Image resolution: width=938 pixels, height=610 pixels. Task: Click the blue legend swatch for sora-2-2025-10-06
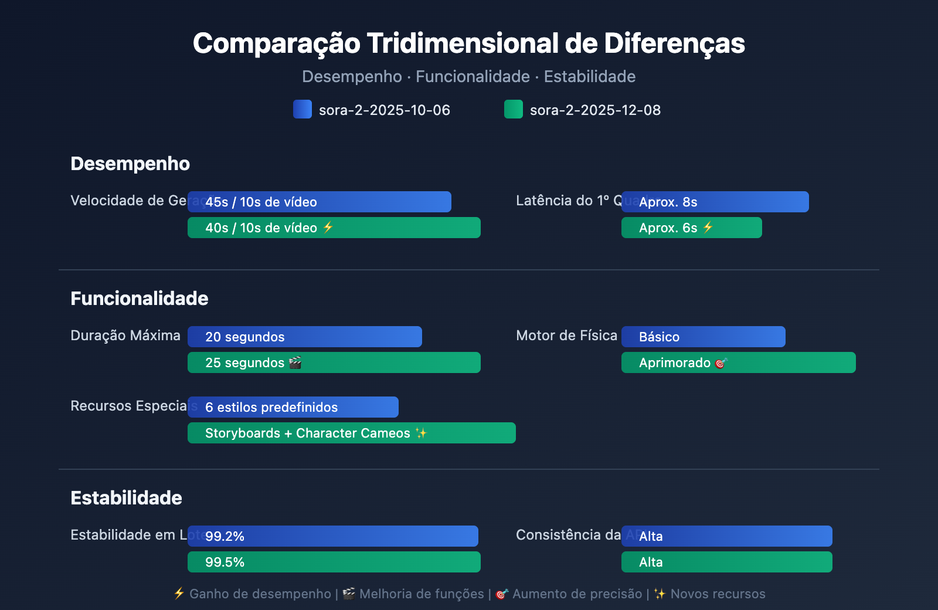pyautogui.click(x=303, y=109)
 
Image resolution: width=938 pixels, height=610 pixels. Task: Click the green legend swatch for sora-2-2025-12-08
pyautogui.click(x=514, y=109)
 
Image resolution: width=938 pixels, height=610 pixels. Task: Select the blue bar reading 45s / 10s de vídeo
pyautogui.click(x=320, y=202)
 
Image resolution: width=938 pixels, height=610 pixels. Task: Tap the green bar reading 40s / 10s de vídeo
pyautogui.click(x=334, y=228)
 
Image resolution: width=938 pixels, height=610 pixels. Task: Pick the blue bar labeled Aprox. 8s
pyautogui.click(x=715, y=202)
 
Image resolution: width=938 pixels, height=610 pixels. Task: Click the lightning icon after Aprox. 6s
pyautogui.click(x=708, y=227)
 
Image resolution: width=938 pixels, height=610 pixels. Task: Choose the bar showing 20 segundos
pyautogui.click(x=305, y=337)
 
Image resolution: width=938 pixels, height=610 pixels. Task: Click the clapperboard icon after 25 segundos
pyautogui.click(x=295, y=362)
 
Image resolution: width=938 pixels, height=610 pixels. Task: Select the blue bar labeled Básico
pyautogui.click(x=704, y=337)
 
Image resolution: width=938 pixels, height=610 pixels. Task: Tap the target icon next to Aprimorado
pyautogui.click(x=721, y=363)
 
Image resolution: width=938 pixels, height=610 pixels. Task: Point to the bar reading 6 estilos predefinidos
pyautogui.click(x=293, y=407)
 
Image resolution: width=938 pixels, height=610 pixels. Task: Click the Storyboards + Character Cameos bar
pyautogui.click(x=352, y=433)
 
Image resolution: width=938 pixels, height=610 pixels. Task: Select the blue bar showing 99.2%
pyautogui.click(x=333, y=536)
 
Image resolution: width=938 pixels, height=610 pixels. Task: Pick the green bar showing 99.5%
pyautogui.click(x=334, y=562)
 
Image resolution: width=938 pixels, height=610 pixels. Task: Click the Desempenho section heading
pyautogui.click(x=130, y=164)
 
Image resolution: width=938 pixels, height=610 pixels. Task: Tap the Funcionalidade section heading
pyautogui.click(x=140, y=299)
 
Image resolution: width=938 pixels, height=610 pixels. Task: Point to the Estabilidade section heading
pyautogui.click(x=127, y=498)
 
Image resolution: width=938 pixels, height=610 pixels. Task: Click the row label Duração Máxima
pyautogui.click(x=125, y=335)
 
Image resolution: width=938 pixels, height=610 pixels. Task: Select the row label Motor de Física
pyautogui.click(x=566, y=335)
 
